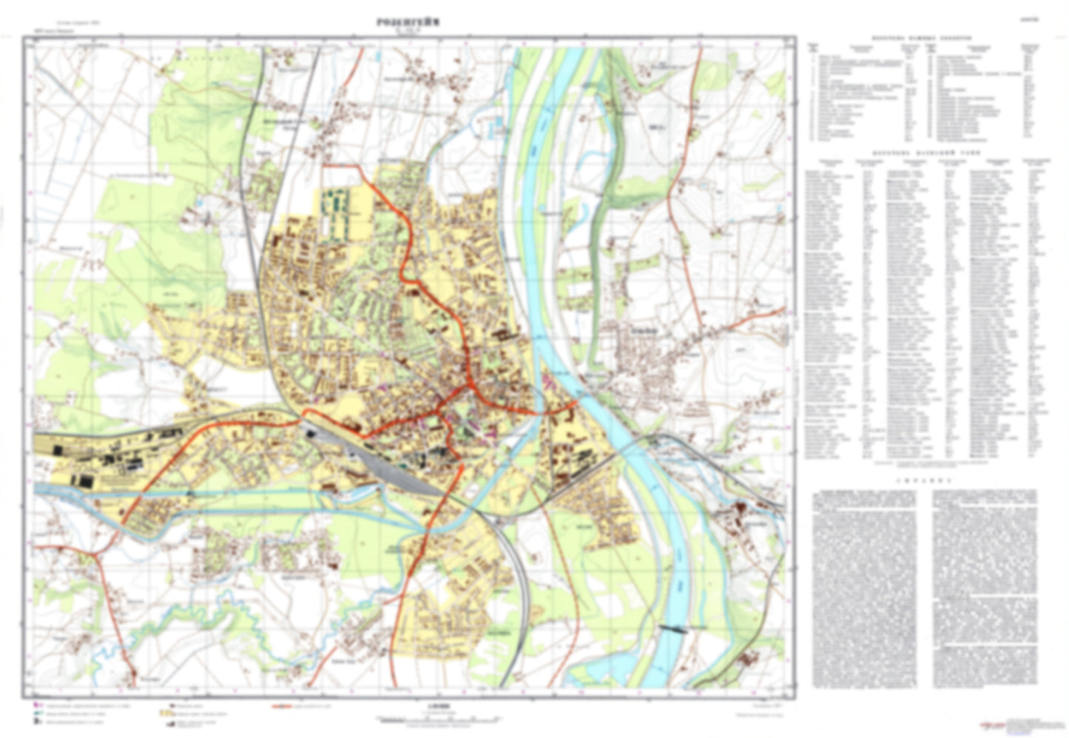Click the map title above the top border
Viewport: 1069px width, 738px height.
pyautogui.click(x=407, y=23)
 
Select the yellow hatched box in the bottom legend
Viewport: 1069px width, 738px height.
pyautogui.click(x=166, y=714)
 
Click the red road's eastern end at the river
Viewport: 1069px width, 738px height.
pyautogui.click(x=576, y=402)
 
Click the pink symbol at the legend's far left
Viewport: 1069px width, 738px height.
pyautogui.click(x=38, y=705)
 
